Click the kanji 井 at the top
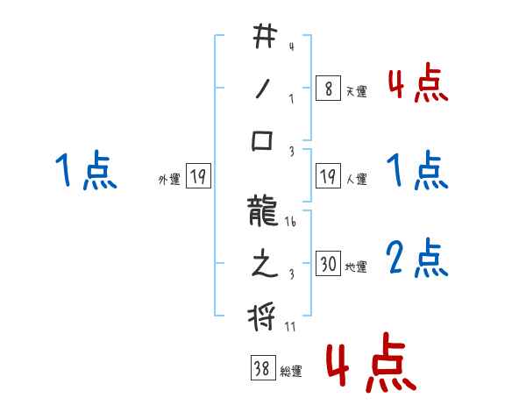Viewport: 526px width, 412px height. [264, 38]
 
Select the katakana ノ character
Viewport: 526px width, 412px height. [264, 89]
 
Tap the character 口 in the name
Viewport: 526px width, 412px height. [264, 140]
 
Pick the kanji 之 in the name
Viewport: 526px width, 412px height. [264, 265]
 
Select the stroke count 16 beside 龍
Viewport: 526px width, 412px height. [291, 224]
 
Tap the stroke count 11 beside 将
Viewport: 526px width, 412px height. [291, 327]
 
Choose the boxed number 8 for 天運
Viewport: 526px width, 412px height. [327, 89]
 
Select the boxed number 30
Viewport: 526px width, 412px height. [328, 264]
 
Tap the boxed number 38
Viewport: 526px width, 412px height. [262, 369]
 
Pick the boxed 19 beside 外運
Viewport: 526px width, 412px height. [197, 177]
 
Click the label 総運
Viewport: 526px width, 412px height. [291, 371]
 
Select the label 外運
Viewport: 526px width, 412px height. [168, 179]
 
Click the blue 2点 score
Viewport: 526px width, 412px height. [417, 259]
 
